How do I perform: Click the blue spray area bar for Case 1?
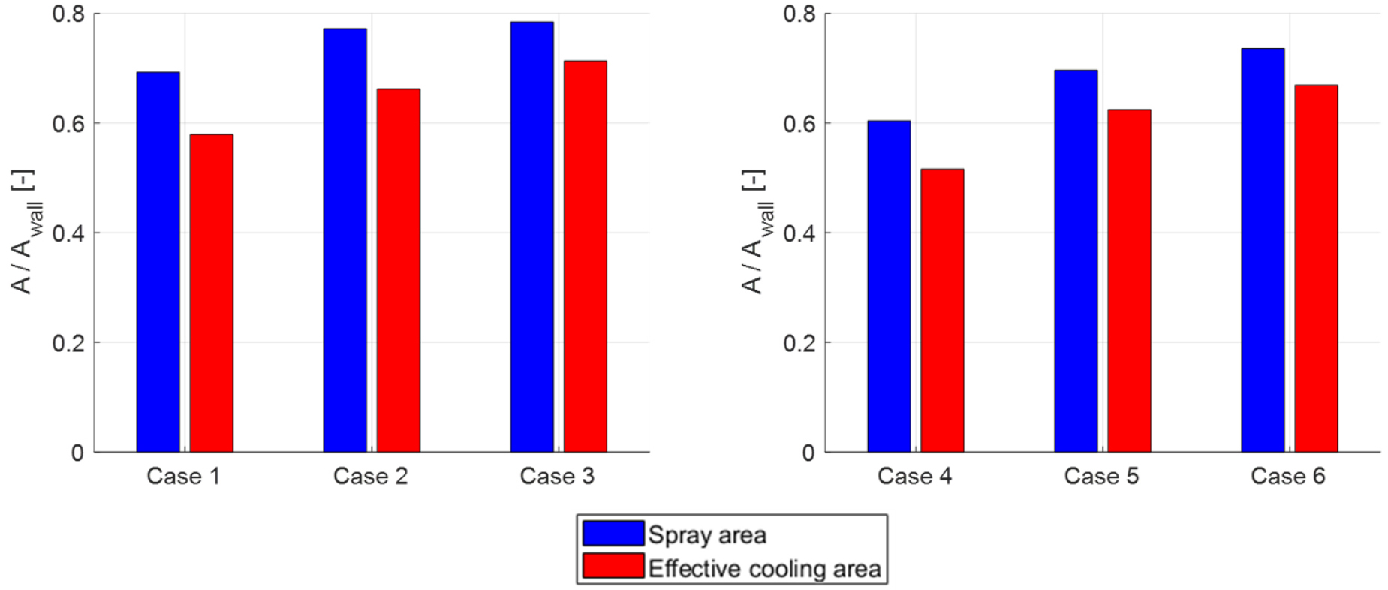tap(158, 262)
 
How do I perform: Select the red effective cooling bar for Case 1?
tap(211, 293)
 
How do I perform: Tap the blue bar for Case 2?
tap(345, 240)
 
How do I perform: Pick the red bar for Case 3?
tap(585, 256)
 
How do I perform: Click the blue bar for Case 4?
tap(889, 286)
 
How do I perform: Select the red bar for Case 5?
tap(1129, 281)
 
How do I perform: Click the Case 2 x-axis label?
tap(370, 476)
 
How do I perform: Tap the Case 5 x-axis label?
tap(1101, 476)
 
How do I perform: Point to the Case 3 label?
tap(557, 476)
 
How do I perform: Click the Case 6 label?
tap(1288, 476)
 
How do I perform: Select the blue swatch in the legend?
tap(613, 533)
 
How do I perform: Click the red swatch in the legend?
tap(613, 565)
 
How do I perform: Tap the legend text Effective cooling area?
tap(764, 568)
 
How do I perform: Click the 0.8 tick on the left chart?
tap(68, 14)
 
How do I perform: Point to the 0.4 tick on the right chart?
tap(799, 233)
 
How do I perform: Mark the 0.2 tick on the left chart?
tap(68, 343)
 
